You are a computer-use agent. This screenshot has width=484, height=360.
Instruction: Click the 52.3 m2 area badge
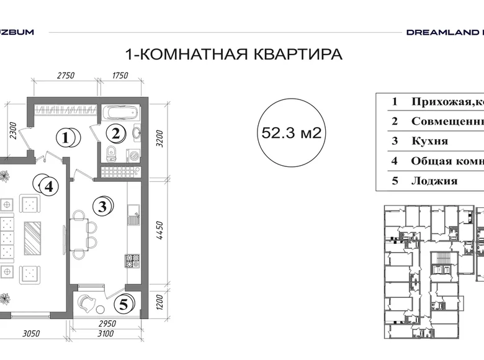291,132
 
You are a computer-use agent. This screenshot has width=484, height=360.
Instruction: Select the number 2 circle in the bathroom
117,133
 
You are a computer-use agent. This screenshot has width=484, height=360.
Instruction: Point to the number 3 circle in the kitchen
102,205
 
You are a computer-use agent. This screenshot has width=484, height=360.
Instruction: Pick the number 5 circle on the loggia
123,305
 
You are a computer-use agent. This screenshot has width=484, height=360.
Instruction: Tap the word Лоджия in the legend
434,181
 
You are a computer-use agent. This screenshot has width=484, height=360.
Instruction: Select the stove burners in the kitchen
132,261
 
